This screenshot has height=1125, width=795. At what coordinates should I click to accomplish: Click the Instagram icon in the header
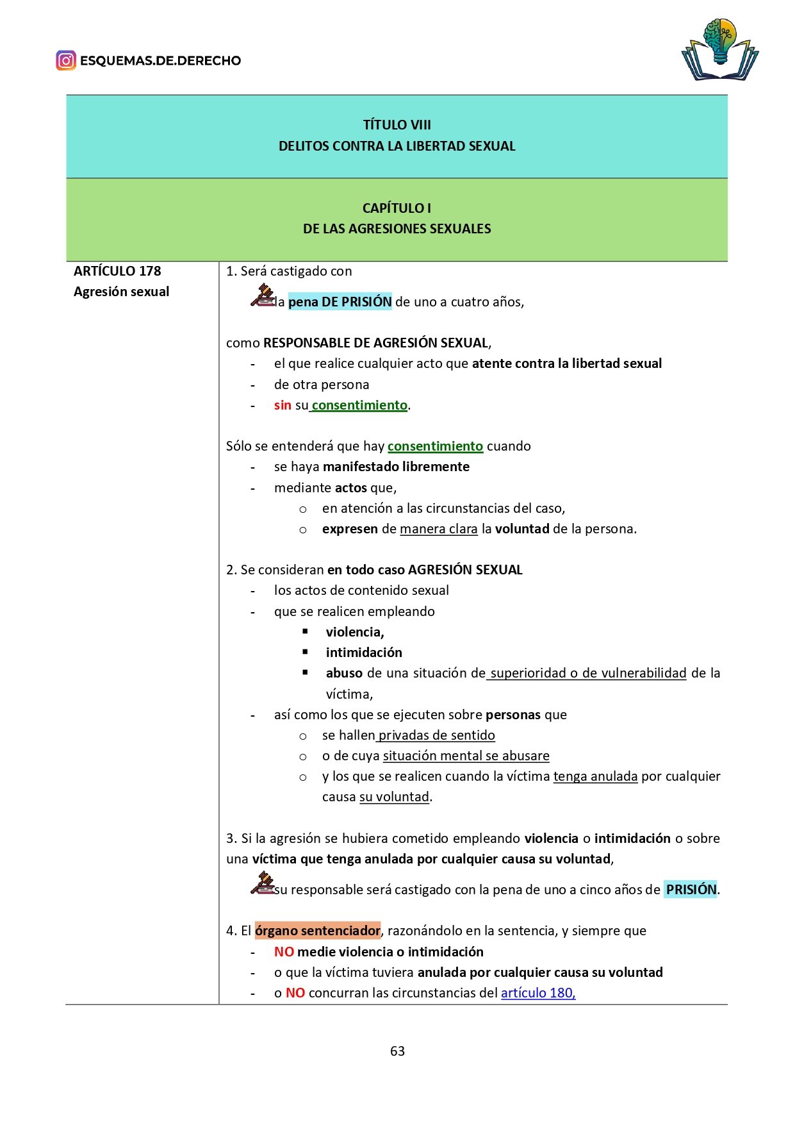65,61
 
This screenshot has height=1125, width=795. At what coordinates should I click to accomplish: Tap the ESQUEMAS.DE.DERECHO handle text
160,61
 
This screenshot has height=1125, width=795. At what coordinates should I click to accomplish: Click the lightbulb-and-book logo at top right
720,50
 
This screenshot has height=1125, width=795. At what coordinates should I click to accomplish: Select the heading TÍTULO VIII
397,125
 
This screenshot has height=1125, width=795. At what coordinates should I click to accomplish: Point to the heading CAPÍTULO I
397,208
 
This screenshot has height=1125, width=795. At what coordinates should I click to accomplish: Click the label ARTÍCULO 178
117,271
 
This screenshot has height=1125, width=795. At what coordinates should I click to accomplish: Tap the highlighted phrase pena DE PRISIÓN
340,302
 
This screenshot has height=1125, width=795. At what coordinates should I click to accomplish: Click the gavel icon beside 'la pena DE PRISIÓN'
262,296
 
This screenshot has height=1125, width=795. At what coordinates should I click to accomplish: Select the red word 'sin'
283,405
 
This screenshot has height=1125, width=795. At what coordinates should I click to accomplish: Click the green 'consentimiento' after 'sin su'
359,405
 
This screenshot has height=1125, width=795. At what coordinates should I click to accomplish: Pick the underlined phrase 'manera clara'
439,529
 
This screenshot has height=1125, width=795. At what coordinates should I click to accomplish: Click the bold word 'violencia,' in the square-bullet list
355,632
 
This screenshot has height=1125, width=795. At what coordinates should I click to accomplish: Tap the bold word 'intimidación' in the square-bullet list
364,653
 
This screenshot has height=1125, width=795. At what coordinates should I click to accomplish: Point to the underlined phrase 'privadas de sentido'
437,735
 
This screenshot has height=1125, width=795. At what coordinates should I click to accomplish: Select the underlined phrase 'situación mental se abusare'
466,756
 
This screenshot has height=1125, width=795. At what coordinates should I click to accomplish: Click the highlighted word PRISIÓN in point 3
691,890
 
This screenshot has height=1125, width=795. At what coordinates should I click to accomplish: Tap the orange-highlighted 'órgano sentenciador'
318,931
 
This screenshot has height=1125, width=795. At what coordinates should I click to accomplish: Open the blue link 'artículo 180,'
538,993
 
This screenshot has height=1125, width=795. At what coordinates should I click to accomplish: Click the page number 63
397,1051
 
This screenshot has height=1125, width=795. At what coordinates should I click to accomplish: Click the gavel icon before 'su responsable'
262,883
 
